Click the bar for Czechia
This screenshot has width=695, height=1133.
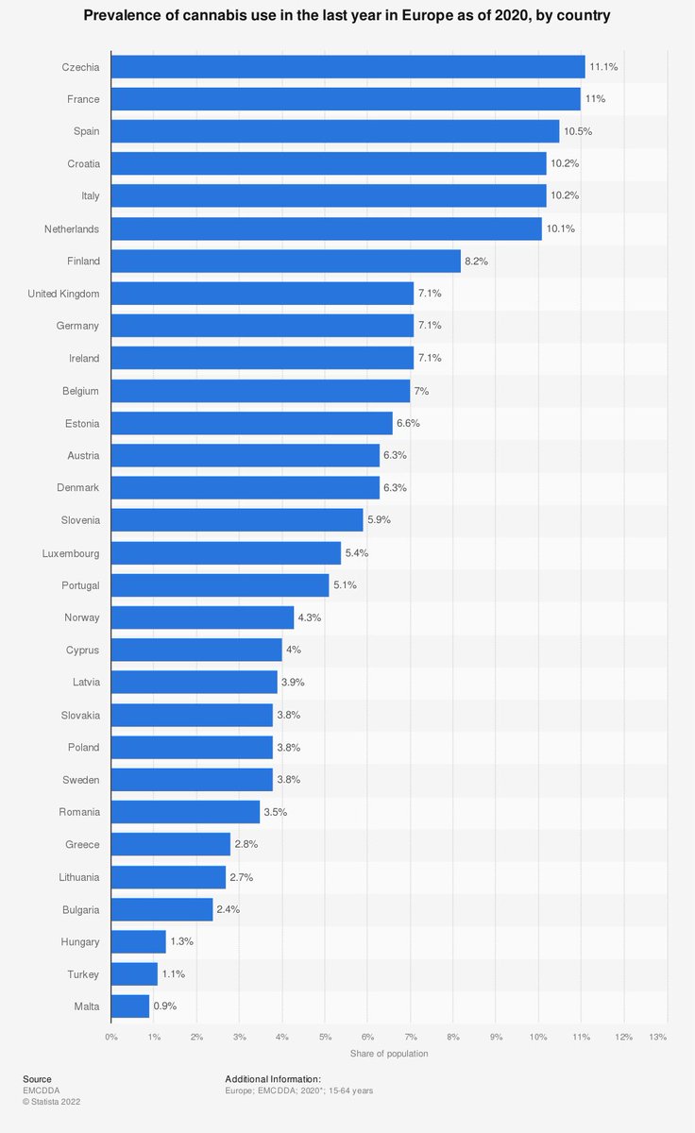(347, 67)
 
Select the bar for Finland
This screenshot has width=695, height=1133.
(285, 262)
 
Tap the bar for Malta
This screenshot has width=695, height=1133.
(129, 1006)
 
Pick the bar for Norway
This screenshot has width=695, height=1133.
(202, 617)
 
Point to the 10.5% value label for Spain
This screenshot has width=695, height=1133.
(578, 131)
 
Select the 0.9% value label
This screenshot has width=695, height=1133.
(165, 1006)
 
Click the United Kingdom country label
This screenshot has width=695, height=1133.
(63, 294)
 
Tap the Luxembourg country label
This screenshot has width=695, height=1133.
(71, 553)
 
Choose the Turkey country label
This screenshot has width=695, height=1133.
(83, 973)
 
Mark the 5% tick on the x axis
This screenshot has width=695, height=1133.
(325, 1037)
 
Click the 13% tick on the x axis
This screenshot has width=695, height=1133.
(658, 1037)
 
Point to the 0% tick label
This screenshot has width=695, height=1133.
(111, 1037)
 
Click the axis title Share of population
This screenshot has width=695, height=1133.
(389, 1054)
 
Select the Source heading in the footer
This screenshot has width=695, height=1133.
(37, 1079)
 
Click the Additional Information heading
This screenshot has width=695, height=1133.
(273, 1079)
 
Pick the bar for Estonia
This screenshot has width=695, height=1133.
(251, 423)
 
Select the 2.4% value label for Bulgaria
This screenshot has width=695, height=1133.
(229, 909)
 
